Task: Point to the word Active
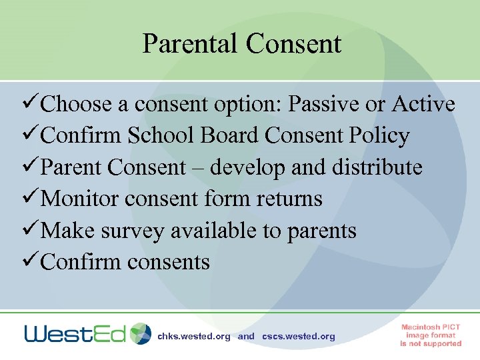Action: pos(423,105)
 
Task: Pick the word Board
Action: pos(228,136)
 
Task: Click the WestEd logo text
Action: pos(75,333)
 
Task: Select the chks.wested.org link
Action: pos(193,337)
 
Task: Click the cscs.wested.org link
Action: pos(299,337)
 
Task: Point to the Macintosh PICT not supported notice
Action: pos(431,335)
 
